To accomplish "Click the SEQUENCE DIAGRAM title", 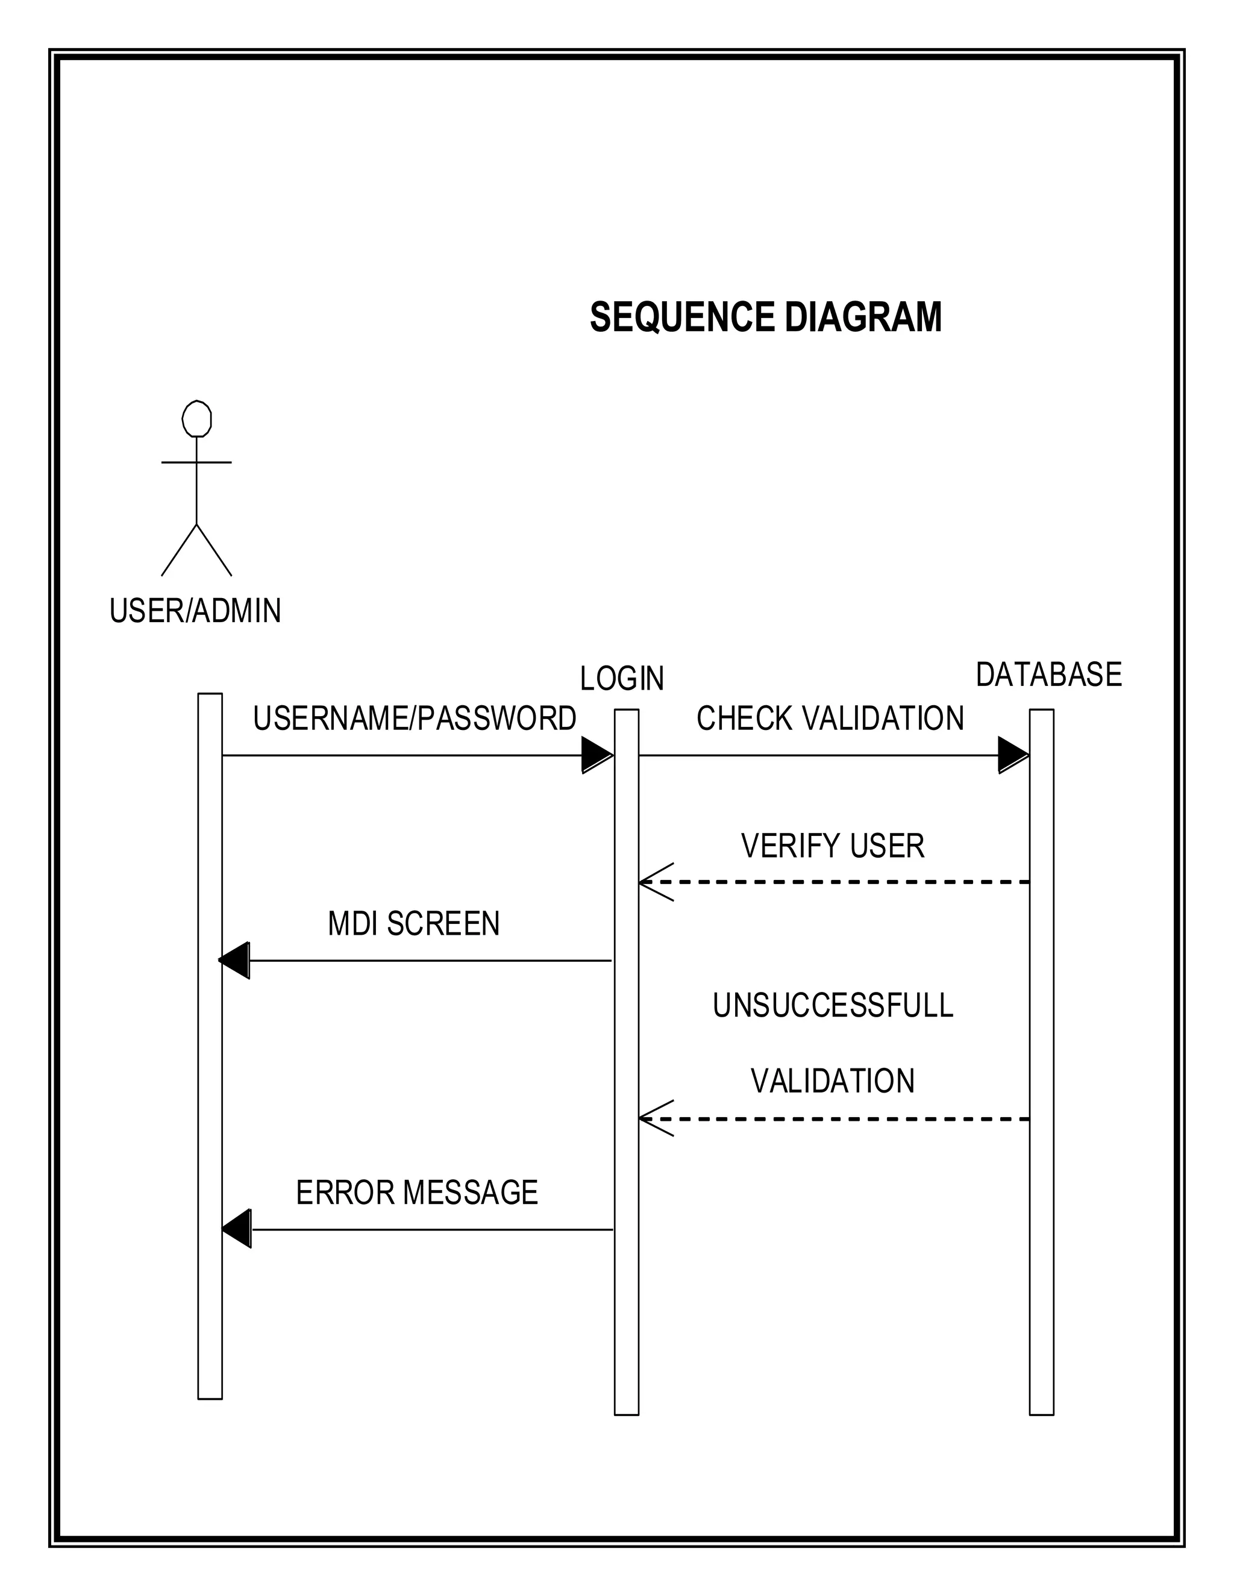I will point(765,317).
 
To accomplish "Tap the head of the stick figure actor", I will point(196,419).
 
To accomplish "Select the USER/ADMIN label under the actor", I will point(195,611).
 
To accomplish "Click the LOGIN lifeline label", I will point(622,679).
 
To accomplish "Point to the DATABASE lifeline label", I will point(1048,675).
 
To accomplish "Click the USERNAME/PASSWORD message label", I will point(415,719).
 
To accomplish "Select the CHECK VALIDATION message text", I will point(830,719).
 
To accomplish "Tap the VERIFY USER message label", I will point(833,846).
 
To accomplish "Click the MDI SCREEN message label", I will point(414,924).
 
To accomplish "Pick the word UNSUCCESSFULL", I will point(833,1006).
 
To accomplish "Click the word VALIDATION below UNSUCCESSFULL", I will point(833,1082).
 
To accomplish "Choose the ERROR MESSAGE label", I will point(417,1192).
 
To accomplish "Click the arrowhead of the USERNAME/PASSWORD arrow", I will point(597,755).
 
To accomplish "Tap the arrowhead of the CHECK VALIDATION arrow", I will point(1013,755).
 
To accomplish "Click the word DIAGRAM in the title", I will point(863,317).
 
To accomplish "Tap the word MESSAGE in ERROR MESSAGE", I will point(470,1192).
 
